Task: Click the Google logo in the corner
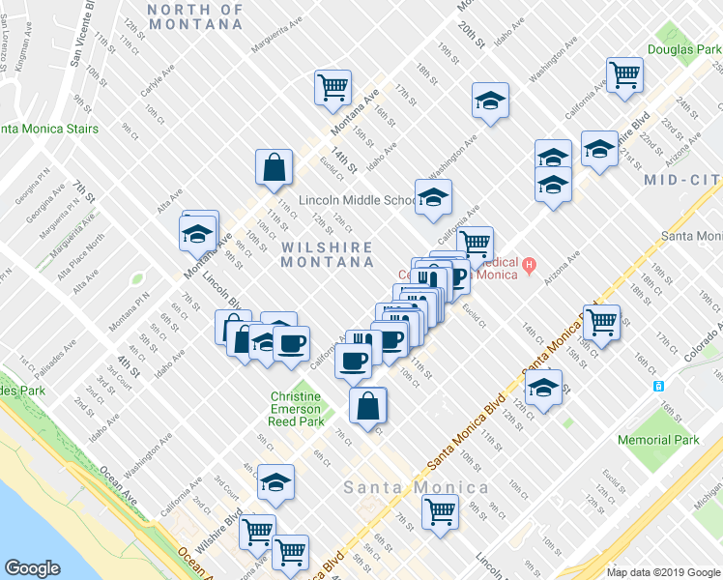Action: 34,568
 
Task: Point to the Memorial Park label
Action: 657,440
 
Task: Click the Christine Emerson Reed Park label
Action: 296,409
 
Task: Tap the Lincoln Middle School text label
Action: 356,200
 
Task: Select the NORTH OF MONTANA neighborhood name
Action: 195,16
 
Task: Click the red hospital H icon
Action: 529,264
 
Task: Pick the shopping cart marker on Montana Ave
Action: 333,87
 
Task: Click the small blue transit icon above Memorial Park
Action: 658,385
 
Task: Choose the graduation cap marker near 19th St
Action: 490,100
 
